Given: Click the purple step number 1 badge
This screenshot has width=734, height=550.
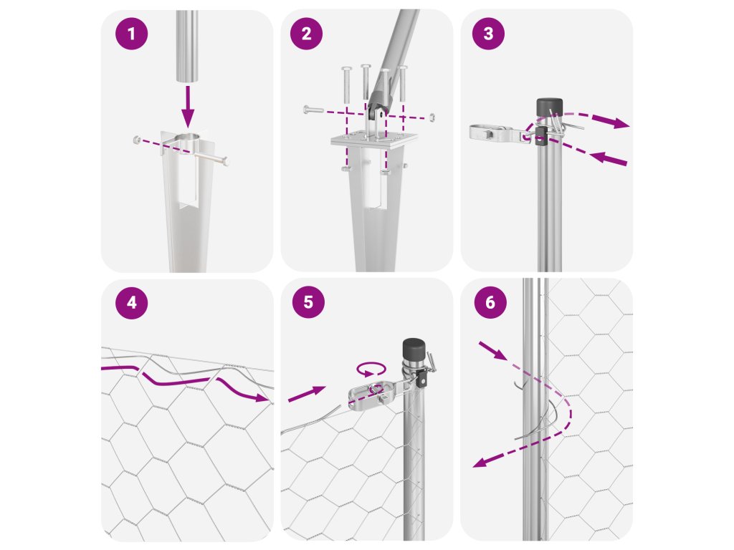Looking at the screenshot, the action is pyautogui.click(x=132, y=34).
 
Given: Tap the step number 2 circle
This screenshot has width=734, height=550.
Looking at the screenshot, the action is pyautogui.click(x=306, y=33).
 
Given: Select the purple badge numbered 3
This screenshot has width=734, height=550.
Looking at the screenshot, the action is pyautogui.click(x=488, y=33).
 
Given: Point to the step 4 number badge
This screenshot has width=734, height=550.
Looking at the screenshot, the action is pyautogui.click(x=132, y=303).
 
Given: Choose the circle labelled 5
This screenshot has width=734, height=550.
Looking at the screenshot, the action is pyautogui.click(x=308, y=302).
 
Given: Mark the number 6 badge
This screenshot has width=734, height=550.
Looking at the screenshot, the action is pyautogui.click(x=490, y=302).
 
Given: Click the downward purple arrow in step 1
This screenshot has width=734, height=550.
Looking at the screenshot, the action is pyautogui.click(x=188, y=106).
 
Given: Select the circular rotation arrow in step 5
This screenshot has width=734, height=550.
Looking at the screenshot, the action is pyautogui.click(x=371, y=369).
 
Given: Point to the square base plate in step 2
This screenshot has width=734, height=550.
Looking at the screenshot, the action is pyautogui.click(x=373, y=140).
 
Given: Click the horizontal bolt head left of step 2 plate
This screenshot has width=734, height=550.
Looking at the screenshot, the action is pyautogui.click(x=307, y=110).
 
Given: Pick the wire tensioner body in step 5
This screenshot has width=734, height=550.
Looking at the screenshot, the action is pyautogui.click(x=373, y=393).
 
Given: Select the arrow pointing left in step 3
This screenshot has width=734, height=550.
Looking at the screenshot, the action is pyautogui.click(x=608, y=158).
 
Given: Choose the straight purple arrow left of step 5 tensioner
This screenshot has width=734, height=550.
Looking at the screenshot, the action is pyautogui.click(x=307, y=394).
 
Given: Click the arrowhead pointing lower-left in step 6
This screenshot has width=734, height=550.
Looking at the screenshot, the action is pyautogui.click(x=480, y=462).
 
